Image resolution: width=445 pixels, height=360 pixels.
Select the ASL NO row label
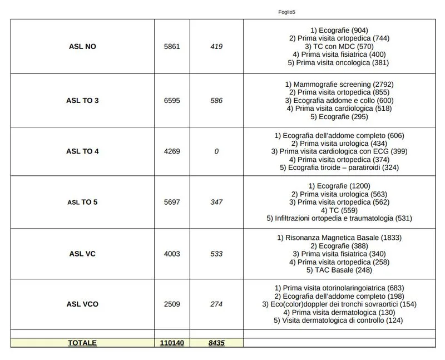82,47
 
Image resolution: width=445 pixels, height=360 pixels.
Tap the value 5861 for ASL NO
172,47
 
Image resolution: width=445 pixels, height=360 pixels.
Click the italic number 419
216,47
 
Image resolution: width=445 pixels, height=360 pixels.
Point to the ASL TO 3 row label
82,101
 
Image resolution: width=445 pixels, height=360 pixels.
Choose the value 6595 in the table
172,101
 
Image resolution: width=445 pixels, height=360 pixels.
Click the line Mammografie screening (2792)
339,84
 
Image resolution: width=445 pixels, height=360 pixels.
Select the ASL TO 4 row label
82,151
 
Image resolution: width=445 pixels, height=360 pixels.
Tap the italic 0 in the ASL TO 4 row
216,151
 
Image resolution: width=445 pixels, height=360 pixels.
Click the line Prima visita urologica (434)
339,144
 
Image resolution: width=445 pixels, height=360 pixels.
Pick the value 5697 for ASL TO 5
172,202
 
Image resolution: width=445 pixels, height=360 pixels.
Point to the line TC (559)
339,210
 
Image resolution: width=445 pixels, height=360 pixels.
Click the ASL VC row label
82,254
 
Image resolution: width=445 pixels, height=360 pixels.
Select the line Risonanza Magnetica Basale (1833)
339,238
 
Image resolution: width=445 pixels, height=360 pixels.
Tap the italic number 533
216,254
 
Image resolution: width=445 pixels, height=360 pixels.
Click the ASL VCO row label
82,304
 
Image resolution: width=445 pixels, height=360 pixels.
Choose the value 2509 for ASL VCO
172,304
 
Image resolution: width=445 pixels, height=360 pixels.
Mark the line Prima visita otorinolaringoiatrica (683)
339,288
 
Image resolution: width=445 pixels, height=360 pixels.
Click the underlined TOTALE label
82,343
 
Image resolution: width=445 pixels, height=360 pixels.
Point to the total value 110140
172,343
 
